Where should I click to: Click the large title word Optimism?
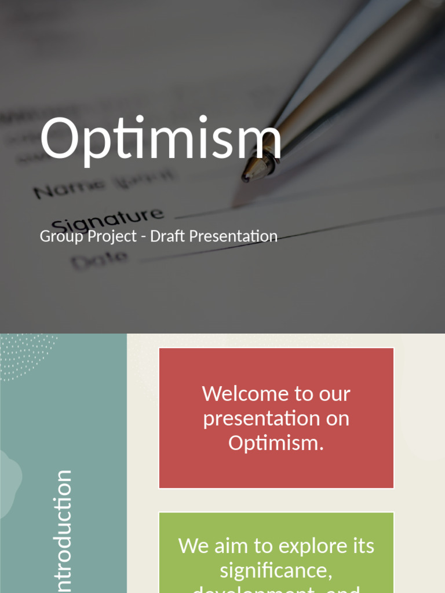point(161,139)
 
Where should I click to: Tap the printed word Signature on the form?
point(107,218)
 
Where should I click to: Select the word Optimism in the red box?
point(276,443)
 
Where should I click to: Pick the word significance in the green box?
point(276,570)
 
